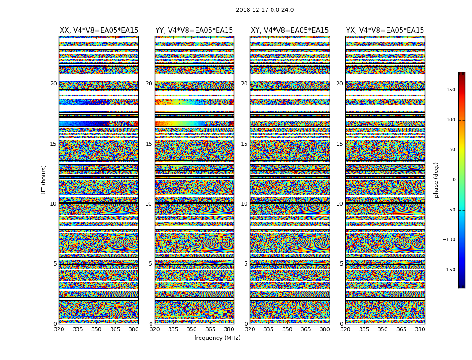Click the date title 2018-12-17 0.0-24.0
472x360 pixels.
[265, 10]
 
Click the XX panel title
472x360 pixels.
[99, 31]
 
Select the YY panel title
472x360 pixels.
[194, 31]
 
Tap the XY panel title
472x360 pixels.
[289, 31]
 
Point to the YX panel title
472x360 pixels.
[385, 31]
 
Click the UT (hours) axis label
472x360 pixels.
[44, 180]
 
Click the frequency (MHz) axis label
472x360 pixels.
[217, 338]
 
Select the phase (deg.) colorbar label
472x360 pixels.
[436, 180]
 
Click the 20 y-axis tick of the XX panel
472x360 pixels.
[53, 84]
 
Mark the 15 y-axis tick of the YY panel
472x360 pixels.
[149, 144]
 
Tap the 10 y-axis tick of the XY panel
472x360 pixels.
[244, 204]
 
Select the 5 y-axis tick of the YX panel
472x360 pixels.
[341, 264]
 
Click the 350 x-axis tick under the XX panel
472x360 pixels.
[96, 329]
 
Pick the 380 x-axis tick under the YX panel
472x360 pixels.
[420, 329]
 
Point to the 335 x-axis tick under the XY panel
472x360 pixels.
[268, 329]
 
